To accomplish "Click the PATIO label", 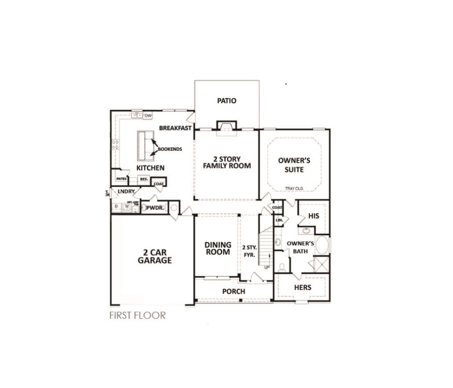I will tap(226, 101).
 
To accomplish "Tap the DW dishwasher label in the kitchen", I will tap(148, 115).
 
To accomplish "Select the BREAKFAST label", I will tap(175, 128).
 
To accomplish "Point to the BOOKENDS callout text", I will tap(170, 149).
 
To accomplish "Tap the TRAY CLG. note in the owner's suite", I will tap(295, 189).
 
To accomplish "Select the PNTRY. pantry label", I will tap(121, 179).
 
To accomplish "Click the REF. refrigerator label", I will tap(144, 179).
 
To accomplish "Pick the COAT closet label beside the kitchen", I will tap(159, 184).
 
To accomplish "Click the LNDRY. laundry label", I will tap(126, 191).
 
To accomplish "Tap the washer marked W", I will tap(126, 207).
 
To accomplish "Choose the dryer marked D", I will tap(116, 207).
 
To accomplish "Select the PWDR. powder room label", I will tap(155, 208).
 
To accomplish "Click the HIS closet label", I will tap(314, 216).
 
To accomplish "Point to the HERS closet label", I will tap(303, 287).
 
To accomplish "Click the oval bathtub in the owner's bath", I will tap(322, 245).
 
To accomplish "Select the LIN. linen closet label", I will tap(279, 220).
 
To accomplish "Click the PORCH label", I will tap(234, 291).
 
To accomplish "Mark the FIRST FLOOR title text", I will tap(137, 315).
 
